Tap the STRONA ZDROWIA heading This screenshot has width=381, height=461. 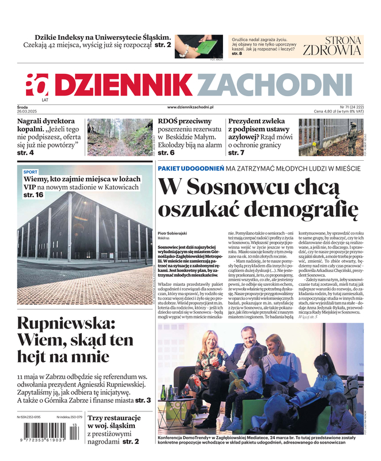[x=333, y=46]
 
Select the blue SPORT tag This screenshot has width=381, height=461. [x=31, y=172]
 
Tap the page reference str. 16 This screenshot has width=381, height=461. [x=33, y=195]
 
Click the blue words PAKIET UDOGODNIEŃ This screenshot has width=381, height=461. [x=190, y=168]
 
